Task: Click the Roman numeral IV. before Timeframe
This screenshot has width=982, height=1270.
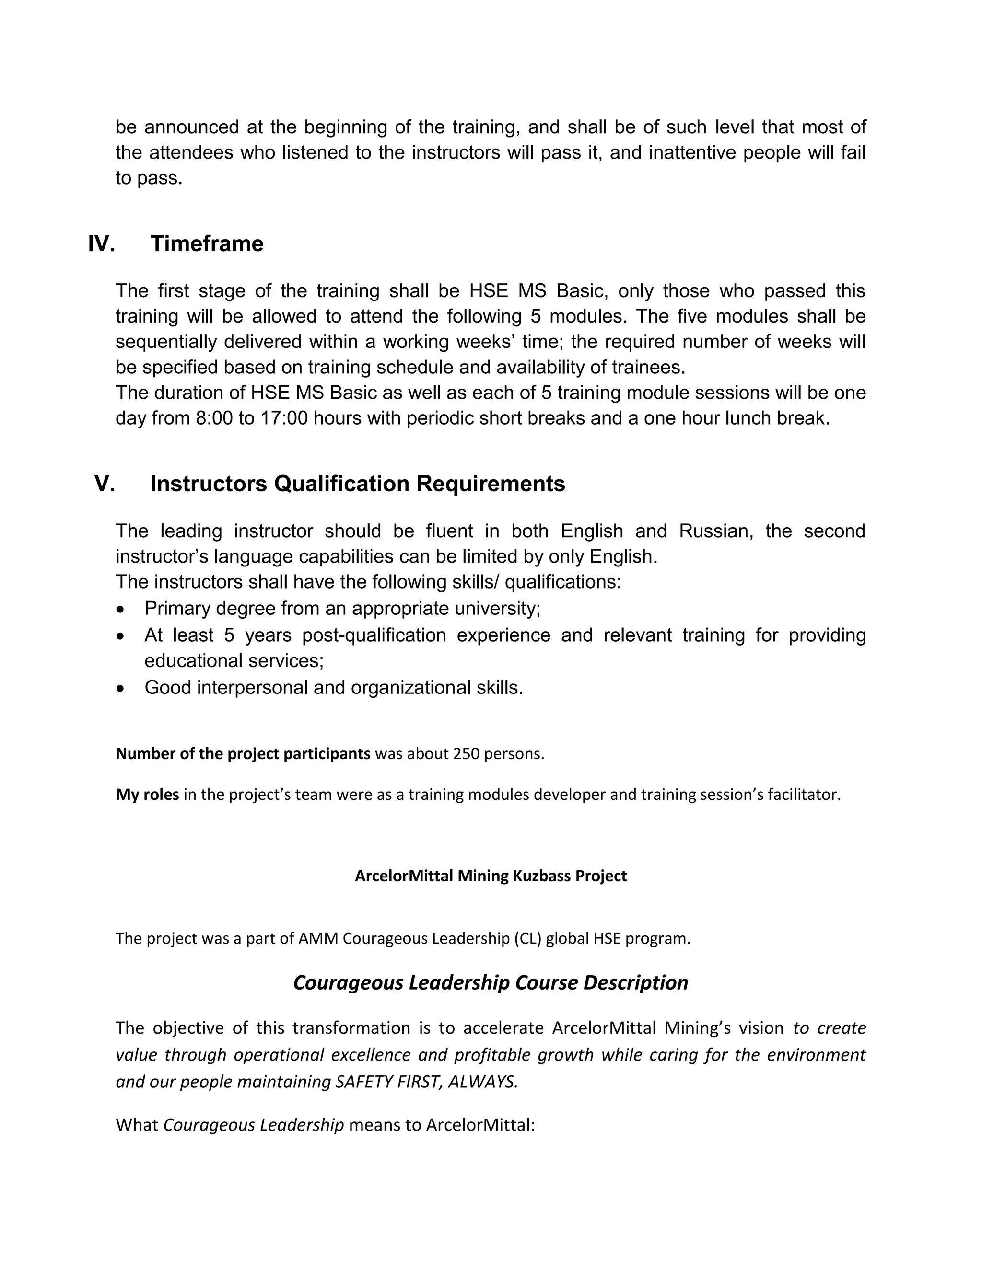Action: pos(101,243)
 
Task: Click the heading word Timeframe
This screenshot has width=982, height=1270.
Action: pos(207,243)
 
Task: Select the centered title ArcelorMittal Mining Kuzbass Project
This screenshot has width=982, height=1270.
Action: pos(491,876)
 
